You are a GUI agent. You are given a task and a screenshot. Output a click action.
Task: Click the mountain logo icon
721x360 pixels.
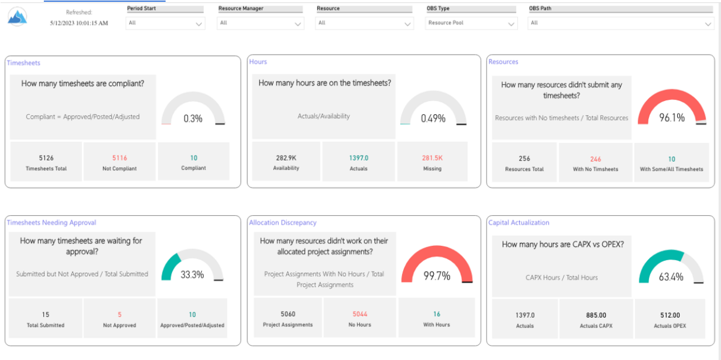point(17,17)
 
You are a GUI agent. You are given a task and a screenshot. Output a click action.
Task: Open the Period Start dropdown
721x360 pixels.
point(165,23)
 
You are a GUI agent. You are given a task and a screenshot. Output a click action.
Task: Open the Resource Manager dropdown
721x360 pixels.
point(261,23)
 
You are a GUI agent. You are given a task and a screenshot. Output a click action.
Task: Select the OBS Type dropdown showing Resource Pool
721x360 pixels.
point(471,23)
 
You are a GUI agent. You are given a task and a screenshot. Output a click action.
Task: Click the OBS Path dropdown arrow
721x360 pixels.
point(708,24)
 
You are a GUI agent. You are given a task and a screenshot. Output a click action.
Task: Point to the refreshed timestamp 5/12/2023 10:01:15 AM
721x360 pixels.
point(79,23)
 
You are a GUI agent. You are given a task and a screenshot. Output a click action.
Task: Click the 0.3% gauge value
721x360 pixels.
point(193,118)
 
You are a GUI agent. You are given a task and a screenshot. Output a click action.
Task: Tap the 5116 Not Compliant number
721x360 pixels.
point(120,158)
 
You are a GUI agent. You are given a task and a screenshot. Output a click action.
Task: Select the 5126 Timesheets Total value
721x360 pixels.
point(46,158)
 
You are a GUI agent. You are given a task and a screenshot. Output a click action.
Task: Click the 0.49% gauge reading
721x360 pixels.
point(433,118)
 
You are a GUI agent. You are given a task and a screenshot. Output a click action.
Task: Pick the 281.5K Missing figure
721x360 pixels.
point(432,158)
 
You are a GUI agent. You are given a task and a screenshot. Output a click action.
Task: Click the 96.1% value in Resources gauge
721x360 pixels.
point(672,118)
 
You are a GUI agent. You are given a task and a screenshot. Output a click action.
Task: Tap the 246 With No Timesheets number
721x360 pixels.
point(595,159)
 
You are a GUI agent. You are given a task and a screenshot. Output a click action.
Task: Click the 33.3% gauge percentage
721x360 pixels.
point(192,275)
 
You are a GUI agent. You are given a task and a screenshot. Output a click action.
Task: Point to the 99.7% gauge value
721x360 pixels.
point(437,276)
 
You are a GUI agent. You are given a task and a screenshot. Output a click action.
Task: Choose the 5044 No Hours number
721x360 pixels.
point(360,314)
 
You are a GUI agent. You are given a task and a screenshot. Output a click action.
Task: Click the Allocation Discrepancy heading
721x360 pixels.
point(283,222)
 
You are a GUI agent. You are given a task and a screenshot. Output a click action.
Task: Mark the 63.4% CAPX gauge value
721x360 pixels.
point(671,277)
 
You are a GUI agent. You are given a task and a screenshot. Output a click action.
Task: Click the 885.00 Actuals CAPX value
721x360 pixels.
point(597,315)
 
